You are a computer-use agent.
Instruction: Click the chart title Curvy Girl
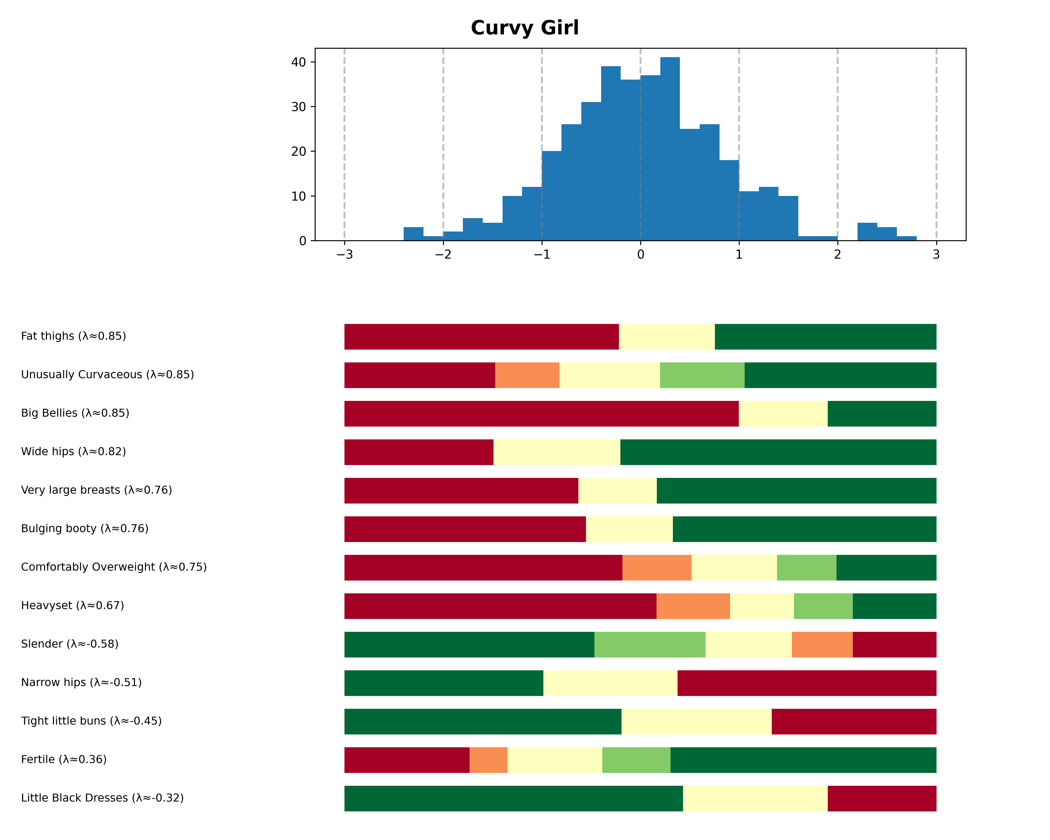click(x=524, y=28)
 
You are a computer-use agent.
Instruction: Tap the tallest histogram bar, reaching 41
click(x=670, y=146)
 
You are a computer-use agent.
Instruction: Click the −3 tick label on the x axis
click(x=344, y=255)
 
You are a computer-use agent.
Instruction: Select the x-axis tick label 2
click(x=837, y=255)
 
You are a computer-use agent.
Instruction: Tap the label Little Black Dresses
click(x=102, y=798)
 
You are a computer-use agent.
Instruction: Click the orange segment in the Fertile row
click(x=488, y=760)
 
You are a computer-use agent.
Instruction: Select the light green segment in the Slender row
click(x=650, y=644)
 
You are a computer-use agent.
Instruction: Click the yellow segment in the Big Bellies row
click(x=783, y=413)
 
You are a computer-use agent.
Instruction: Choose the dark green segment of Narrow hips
click(x=443, y=683)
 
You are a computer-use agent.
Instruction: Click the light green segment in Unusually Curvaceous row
click(x=702, y=375)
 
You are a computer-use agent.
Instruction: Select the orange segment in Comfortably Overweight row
click(x=657, y=567)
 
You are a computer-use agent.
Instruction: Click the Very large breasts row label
click(x=97, y=490)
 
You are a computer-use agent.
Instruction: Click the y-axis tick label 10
click(x=298, y=196)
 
